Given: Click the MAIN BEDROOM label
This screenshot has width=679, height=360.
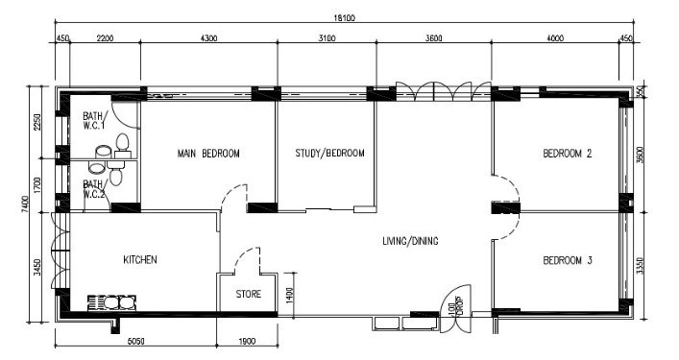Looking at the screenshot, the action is (x=208, y=154).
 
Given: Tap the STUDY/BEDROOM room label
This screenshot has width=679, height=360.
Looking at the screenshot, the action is (x=329, y=153).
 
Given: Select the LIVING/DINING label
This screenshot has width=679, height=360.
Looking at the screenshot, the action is (x=410, y=241).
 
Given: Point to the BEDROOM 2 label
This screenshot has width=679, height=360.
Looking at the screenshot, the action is (x=568, y=154).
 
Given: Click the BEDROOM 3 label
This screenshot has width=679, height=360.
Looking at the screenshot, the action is (x=568, y=260).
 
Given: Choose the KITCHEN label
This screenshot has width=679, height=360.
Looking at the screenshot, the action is (x=140, y=259).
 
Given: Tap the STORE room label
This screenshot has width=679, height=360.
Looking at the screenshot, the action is (x=249, y=294).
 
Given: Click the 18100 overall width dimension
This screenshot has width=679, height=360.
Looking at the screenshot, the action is (x=344, y=17).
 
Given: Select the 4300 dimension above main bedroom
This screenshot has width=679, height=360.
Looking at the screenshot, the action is (x=208, y=38).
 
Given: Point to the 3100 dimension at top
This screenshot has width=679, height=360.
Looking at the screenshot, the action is (x=327, y=38).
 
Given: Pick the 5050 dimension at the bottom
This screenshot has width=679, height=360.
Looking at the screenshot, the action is (x=135, y=342).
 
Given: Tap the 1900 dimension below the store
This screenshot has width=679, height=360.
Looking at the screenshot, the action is (x=247, y=342).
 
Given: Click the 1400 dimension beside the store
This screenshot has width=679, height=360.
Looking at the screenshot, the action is (x=290, y=296).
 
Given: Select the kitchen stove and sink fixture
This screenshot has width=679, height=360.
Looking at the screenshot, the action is (x=111, y=302).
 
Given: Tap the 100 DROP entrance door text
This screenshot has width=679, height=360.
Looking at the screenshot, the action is (x=455, y=308).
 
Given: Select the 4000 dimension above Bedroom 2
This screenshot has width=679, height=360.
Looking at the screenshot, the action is (x=555, y=38).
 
